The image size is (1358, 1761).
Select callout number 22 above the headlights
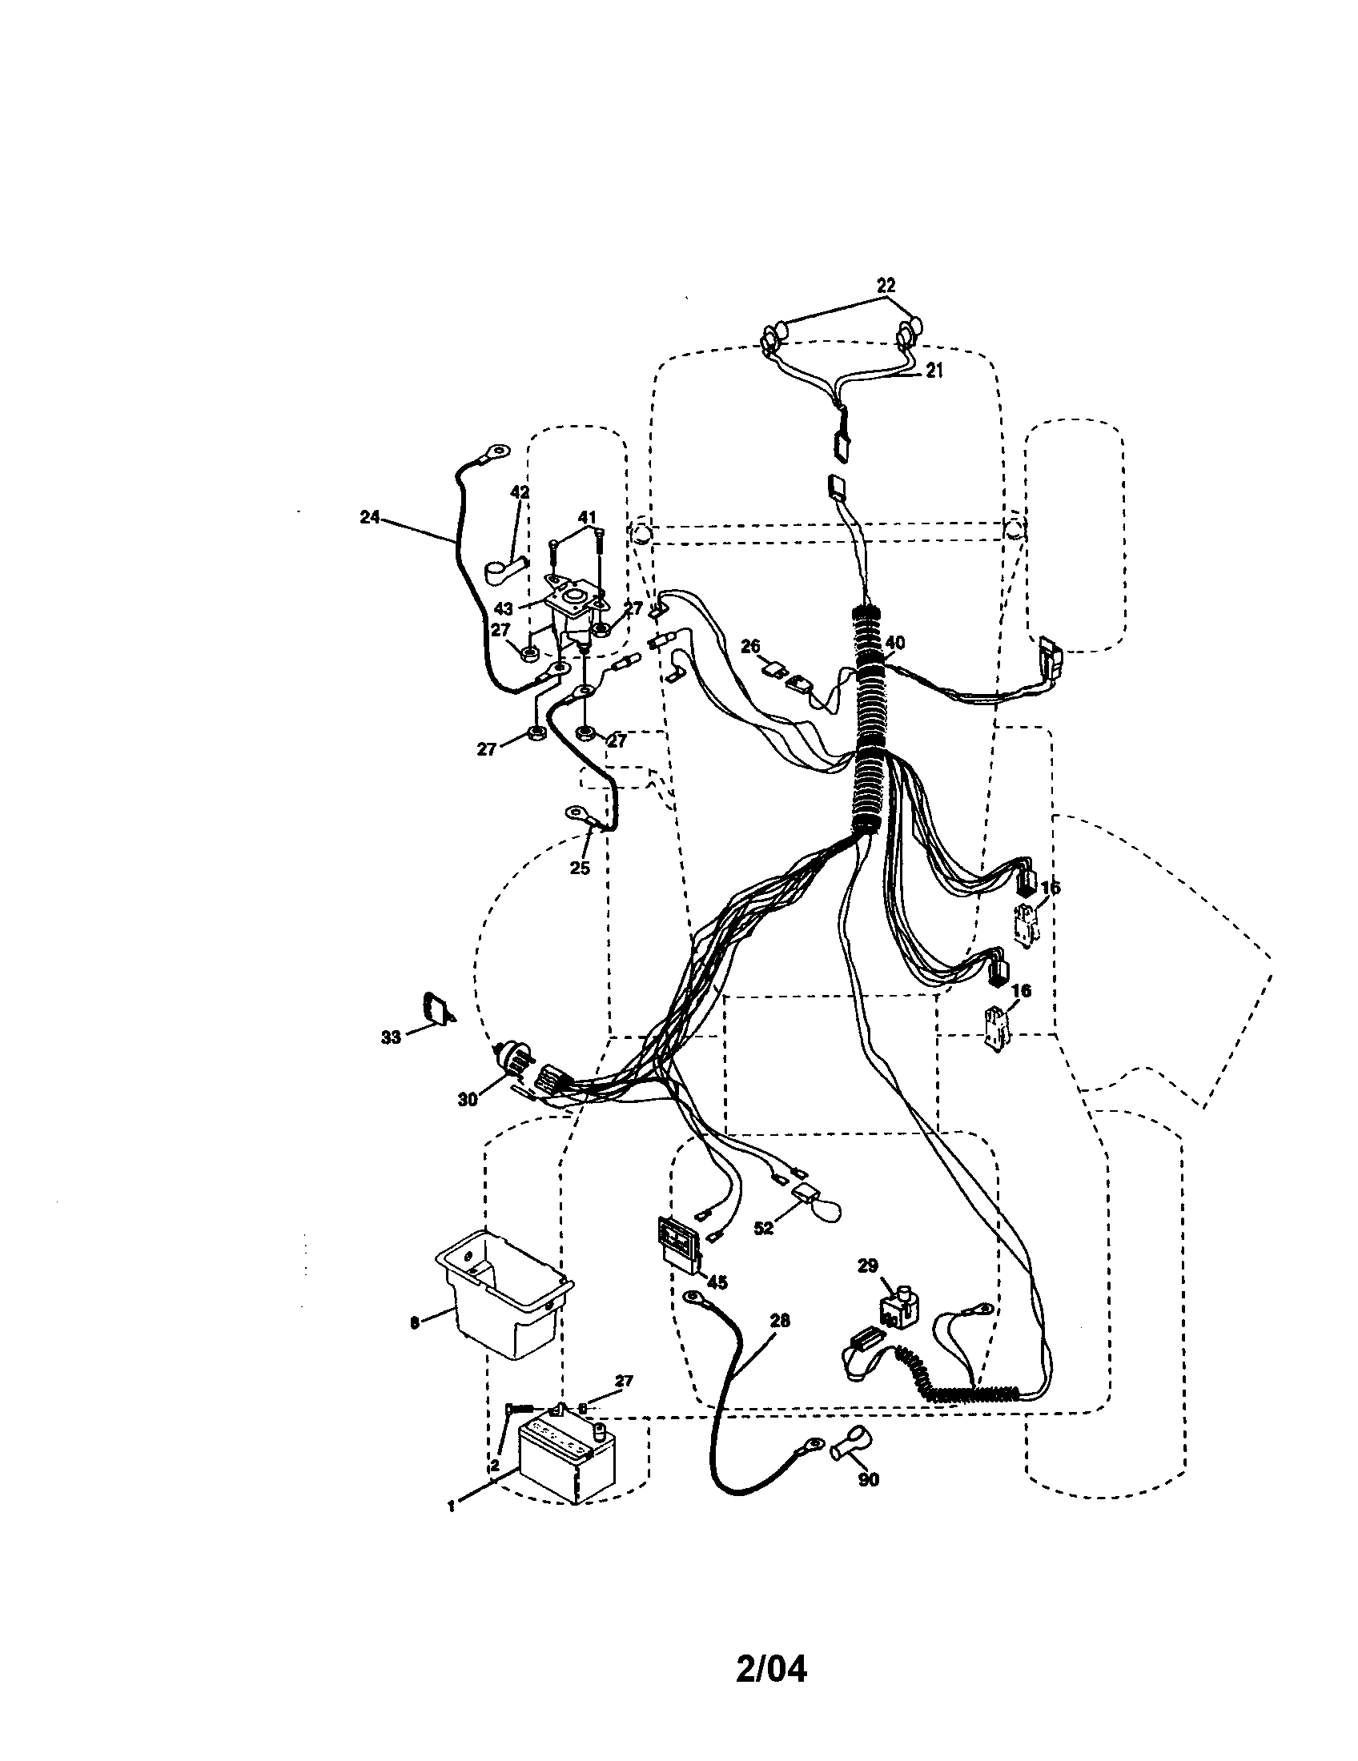(x=886, y=286)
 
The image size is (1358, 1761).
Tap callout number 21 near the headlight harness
(x=933, y=370)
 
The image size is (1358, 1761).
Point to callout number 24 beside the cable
(x=369, y=518)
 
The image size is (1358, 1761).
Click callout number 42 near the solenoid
(x=519, y=491)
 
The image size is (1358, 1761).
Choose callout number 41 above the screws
(x=586, y=517)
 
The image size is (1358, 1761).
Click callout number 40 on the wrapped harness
(x=894, y=643)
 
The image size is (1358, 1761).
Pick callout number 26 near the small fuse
(x=750, y=646)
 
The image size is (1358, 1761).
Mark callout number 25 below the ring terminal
(x=580, y=868)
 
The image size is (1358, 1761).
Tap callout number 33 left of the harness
(x=390, y=1037)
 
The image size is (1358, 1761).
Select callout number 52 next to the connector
(x=763, y=1227)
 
